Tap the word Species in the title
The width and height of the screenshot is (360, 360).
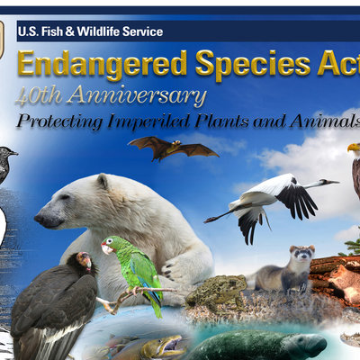point(253,64)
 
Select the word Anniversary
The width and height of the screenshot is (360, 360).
point(138,95)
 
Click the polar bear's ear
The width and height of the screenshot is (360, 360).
point(103,181)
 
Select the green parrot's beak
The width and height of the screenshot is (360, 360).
point(104,249)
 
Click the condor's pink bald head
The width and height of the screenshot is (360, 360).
point(85,259)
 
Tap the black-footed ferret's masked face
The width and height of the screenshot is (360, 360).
point(302,255)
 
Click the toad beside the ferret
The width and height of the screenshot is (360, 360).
point(215,292)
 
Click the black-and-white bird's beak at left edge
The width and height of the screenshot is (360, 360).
point(13,153)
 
